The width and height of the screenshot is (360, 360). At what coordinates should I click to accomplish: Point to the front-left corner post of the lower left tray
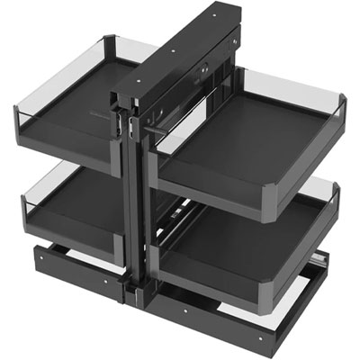tap(26, 217)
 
